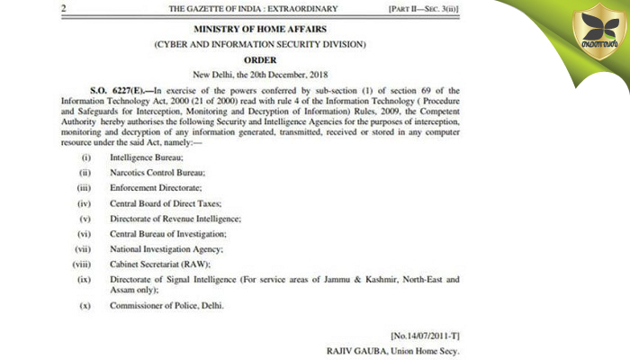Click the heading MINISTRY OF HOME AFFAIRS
(257, 29)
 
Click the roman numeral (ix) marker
(85, 281)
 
